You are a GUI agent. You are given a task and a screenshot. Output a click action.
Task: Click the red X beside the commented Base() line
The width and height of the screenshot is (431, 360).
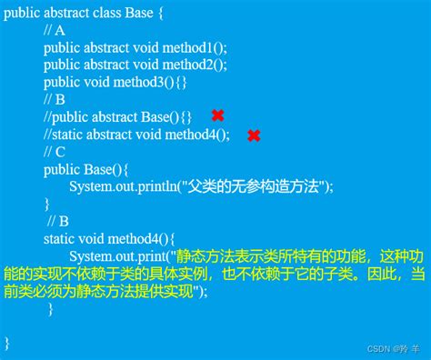tap(218, 115)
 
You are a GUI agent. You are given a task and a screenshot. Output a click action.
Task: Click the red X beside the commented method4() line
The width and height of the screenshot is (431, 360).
tap(254, 135)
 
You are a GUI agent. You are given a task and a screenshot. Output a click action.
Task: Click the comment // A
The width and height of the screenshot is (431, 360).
tap(54, 30)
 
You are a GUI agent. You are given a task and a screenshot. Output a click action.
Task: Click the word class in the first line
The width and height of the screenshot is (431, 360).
tap(122, 13)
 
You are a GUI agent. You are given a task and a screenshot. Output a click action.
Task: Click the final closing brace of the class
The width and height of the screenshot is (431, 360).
tap(7, 343)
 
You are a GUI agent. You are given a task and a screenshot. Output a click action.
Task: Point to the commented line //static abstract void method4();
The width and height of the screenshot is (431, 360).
tap(136, 135)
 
